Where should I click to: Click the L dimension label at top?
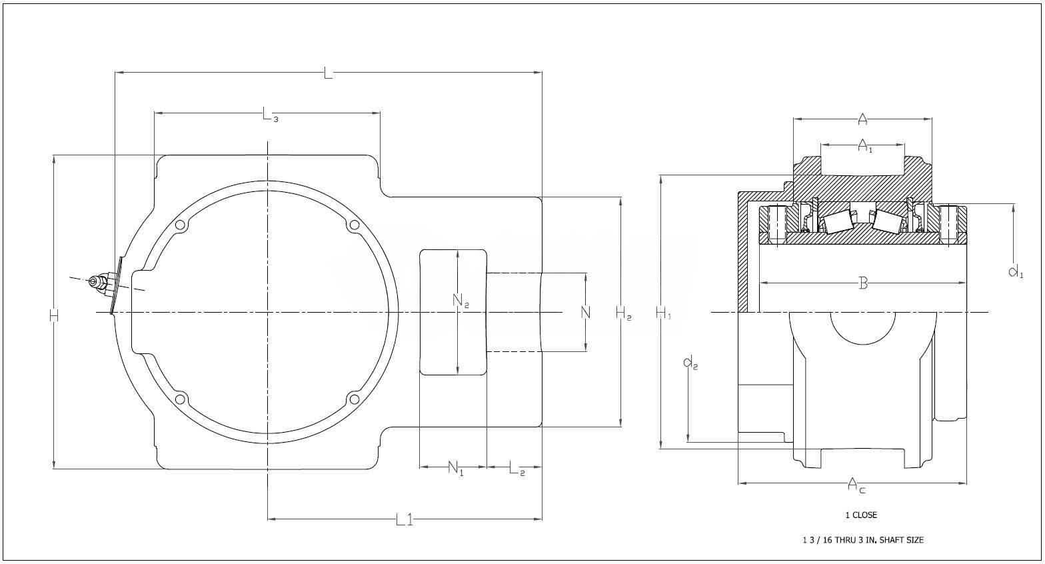point(328,73)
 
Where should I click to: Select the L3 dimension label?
point(270,114)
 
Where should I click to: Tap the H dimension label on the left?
point(54,316)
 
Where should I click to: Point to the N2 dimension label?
point(461,301)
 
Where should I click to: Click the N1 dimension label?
point(456,468)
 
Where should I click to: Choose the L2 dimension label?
point(517,468)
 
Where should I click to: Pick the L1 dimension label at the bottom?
point(405,519)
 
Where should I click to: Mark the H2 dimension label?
point(624,313)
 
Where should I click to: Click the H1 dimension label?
point(663,313)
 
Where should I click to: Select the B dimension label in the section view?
point(863,283)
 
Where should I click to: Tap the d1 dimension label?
point(1016,271)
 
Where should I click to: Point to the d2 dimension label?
point(690,363)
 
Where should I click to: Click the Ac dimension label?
point(856,485)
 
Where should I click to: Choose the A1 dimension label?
point(865,146)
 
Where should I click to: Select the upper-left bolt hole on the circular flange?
point(181,226)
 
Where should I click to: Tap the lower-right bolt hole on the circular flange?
point(354,399)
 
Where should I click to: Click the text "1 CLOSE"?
point(861,515)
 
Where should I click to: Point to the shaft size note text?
point(863,540)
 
